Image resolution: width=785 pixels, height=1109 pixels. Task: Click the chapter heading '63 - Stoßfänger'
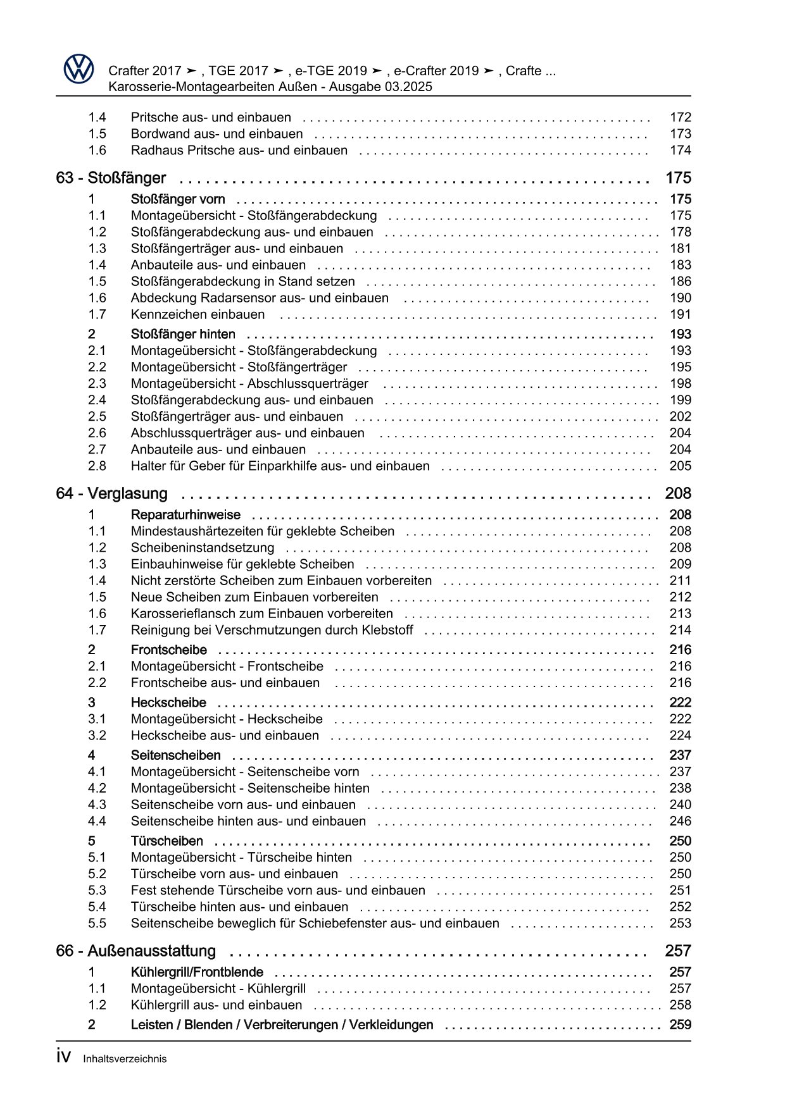pyautogui.click(x=111, y=178)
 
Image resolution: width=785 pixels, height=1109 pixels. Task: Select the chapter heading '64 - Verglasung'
pyautogui.click(x=111, y=493)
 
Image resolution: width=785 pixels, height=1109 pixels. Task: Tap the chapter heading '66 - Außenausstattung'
pyautogui.click(x=135, y=951)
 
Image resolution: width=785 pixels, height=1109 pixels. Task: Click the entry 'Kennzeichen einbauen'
pyautogui.click(x=198, y=314)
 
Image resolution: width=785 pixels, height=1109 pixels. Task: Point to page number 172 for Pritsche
pyautogui.click(x=680, y=117)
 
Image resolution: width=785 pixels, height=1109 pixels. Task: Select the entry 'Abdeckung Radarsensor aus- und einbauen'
pyautogui.click(x=260, y=298)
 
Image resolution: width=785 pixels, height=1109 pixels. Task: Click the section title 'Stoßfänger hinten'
pyautogui.click(x=183, y=334)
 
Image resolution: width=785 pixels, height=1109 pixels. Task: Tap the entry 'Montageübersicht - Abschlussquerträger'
pyautogui.click(x=249, y=383)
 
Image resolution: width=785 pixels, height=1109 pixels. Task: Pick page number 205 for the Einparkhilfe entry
pyautogui.click(x=680, y=466)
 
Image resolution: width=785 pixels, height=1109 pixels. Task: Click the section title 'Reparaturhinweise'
pyautogui.click(x=185, y=515)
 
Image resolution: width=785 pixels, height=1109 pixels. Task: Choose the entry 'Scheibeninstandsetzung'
pyautogui.click(x=203, y=548)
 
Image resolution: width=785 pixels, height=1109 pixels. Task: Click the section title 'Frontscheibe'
pyautogui.click(x=169, y=650)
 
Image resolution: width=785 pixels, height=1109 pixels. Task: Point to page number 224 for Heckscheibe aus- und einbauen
pyautogui.click(x=680, y=735)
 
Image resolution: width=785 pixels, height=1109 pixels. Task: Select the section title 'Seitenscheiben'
pyautogui.click(x=176, y=755)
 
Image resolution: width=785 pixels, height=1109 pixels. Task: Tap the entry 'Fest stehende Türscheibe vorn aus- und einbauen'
pyautogui.click(x=278, y=890)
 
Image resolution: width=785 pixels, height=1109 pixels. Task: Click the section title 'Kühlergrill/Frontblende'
pyautogui.click(x=197, y=972)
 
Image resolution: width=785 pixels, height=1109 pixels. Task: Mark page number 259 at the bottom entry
pyautogui.click(x=680, y=1024)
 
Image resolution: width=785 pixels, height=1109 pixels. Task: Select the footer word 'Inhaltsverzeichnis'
pyautogui.click(x=125, y=1058)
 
